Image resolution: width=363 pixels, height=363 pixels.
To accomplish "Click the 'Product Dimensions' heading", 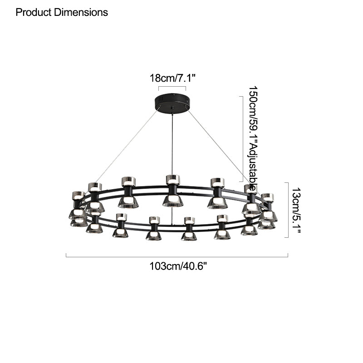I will (x=62, y=12).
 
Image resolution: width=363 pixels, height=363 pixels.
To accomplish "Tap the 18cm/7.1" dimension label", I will (x=172, y=78).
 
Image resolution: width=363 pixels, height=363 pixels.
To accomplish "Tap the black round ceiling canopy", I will (x=172, y=100).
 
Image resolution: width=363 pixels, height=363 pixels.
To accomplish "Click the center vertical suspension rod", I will (x=172, y=141).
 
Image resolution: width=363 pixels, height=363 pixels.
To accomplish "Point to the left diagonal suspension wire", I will (x=127, y=145).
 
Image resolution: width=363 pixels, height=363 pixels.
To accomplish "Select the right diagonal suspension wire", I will (x=218, y=145).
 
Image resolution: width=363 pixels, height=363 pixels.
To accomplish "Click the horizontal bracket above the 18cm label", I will (x=172, y=87).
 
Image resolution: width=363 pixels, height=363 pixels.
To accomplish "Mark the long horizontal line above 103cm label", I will (x=177, y=257).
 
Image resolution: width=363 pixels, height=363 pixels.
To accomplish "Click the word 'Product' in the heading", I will (x=34, y=12).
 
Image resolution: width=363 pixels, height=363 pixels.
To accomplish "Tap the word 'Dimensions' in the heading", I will (x=80, y=12).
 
